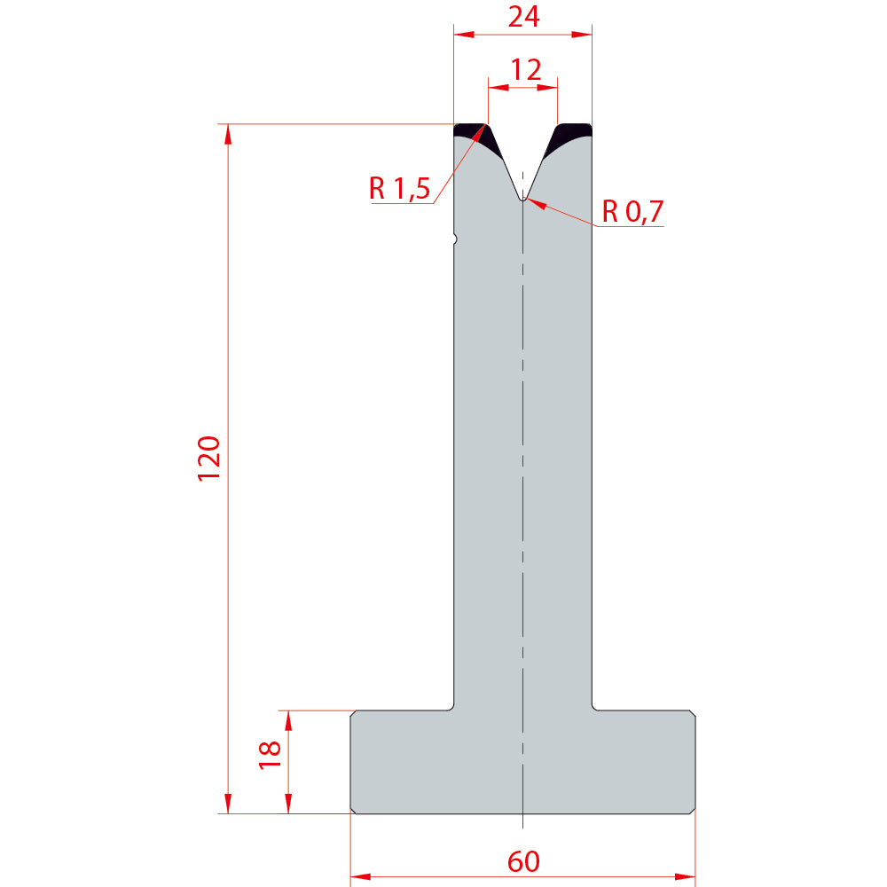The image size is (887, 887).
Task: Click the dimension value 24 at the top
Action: (x=523, y=16)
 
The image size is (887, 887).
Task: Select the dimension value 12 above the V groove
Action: (x=525, y=70)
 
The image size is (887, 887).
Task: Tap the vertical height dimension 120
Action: (x=208, y=459)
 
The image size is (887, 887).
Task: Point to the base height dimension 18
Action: (x=270, y=755)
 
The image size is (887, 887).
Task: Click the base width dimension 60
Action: (x=523, y=861)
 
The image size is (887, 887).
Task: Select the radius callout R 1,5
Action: (x=399, y=188)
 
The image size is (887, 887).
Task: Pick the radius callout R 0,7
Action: (x=632, y=212)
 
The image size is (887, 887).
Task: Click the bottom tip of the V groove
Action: (x=523, y=200)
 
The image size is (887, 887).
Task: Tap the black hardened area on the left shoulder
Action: (x=475, y=136)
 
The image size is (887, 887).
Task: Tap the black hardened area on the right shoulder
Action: (x=570, y=136)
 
